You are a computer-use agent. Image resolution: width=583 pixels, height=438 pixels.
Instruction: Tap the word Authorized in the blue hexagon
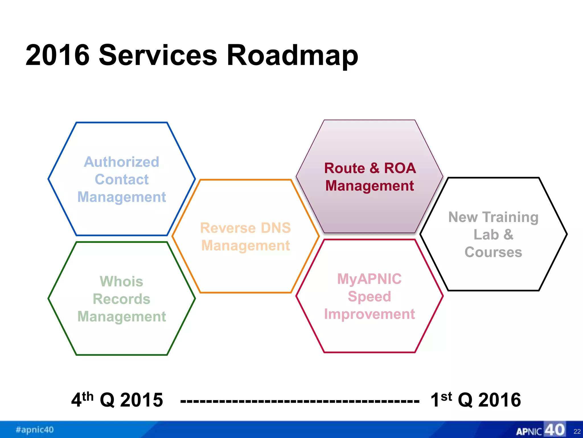click(x=122, y=162)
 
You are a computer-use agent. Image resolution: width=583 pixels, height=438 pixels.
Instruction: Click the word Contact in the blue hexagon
click(x=122, y=179)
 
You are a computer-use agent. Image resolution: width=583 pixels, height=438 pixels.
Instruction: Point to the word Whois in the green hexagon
click(x=122, y=281)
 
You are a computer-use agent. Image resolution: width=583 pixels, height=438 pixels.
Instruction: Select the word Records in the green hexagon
click(x=122, y=299)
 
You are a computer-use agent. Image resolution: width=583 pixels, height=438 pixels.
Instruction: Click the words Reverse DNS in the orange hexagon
click(x=245, y=228)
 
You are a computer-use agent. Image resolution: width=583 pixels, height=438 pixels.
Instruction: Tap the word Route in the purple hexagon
click(x=344, y=168)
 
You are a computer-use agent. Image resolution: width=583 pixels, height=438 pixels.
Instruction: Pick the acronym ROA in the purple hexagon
click(x=400, y=168)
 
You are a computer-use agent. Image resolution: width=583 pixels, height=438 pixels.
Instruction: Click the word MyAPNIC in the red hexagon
click(x=369, y=279)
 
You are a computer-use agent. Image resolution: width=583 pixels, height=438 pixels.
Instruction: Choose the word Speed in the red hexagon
click(x=369, y=296)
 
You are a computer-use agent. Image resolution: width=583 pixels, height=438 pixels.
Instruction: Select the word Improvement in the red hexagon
click(x=369, y=314)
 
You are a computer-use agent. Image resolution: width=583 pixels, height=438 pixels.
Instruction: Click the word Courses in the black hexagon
click(x=493, y=252)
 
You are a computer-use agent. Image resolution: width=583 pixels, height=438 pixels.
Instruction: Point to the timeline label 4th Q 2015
click(x=117, y=400)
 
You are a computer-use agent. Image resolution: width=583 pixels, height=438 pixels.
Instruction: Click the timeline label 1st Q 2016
click(x=475, y=400)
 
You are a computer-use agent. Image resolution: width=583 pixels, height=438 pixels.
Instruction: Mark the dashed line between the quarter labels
click(x=299, y=401)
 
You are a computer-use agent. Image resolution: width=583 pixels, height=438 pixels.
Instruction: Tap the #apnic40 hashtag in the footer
click(x=34, y=429)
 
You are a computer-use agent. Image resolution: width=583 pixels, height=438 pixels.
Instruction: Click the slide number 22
click(x=577, y=431)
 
